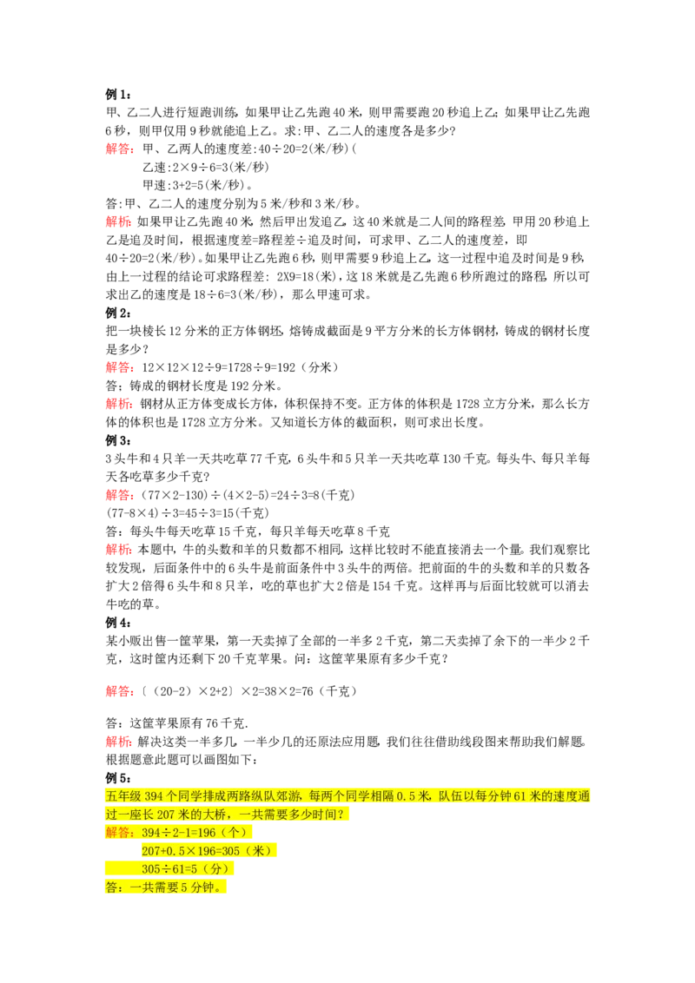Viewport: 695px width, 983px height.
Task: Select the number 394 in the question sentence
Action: tap(154, 796)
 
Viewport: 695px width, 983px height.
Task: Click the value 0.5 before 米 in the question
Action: tap(406, 796)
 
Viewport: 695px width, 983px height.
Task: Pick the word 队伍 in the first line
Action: tap(451, 796)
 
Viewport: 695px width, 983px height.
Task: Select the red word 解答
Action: tap(117, 833)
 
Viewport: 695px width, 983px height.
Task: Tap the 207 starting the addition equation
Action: tap(151, 851)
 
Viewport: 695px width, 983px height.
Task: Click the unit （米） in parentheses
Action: tap(258, 851)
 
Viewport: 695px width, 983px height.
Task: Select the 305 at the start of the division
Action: tap(151, 869)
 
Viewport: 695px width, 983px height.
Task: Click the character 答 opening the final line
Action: tap(111, 887)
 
